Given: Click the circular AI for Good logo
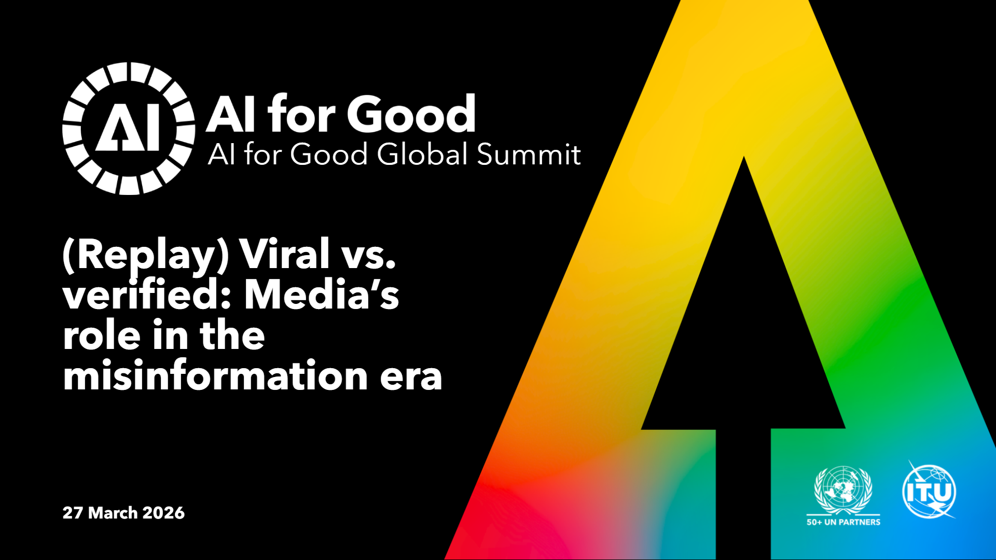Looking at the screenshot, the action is pyautogui.click(x=129, y=129).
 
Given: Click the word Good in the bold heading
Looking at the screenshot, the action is pyautogui.click(x=411, y=114).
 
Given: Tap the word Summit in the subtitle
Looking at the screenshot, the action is pyautogui.click(x=529, y=154).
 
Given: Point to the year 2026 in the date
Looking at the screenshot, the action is pyautogui.click(x=163, y=513).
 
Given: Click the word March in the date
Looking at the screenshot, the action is pyautogui.click(x=112, y=513).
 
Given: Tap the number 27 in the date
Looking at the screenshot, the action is pyautogui.click(x=73, y=513).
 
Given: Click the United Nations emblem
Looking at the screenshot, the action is pyautogui.click(x=843, y=490).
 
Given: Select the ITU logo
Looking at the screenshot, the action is pyautogui.click(x=930, y=490).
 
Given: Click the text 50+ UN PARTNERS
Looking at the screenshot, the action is pyautogui.click(x=843, y=522).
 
